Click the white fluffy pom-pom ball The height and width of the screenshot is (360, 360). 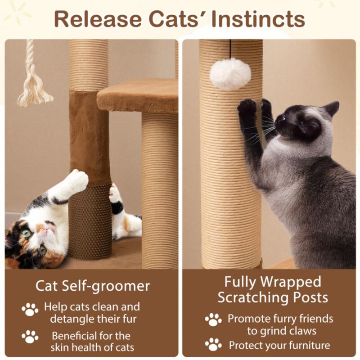(x=230, y=74)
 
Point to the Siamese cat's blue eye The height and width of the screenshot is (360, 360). (x=283, y=118)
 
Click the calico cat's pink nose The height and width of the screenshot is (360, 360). (x=45, y=230)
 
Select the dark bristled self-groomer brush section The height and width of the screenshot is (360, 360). (x=90, y=220)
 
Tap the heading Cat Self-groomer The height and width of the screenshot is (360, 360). (x=93, y=286)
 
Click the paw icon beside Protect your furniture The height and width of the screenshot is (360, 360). (x=213, y=345)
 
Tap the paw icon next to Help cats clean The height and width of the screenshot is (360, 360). (x=30, y=309)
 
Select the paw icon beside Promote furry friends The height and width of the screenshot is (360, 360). (x=213, y=319)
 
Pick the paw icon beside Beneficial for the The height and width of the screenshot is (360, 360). (x=30, y=337)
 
